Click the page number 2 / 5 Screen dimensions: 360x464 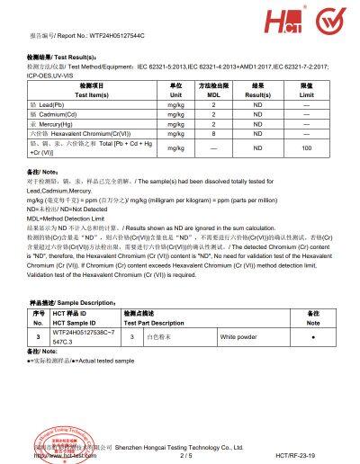(x=186, y=455)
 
